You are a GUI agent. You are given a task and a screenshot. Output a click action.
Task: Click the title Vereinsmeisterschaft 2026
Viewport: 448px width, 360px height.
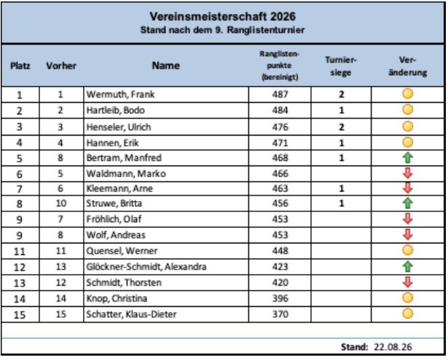(223, 16)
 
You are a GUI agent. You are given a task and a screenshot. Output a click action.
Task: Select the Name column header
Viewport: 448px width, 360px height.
(165, 66)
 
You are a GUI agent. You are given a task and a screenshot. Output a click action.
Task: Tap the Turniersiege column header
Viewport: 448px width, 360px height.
(341, 66)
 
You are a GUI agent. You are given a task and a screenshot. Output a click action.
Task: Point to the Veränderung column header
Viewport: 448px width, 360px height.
(408, 66)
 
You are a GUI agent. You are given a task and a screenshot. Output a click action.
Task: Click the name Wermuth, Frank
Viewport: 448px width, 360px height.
(120, 94)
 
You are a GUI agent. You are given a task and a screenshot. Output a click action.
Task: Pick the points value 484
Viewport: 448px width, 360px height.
(280, 110)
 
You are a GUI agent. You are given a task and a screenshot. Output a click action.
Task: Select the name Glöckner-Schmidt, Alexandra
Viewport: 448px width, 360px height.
(146, 267)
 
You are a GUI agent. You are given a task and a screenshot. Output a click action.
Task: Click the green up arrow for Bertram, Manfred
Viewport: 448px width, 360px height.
(408, 158)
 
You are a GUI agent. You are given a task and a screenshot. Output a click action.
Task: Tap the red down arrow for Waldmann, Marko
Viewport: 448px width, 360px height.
(408, 173)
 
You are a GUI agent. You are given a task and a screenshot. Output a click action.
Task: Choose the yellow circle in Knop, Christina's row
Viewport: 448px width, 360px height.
(408, 297)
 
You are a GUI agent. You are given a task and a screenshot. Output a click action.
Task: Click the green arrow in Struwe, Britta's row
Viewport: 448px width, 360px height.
(408, 203)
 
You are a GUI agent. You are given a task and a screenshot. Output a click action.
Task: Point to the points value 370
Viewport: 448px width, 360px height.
(280, 314)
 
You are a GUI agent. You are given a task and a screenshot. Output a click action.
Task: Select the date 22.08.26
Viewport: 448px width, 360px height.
(393, 347)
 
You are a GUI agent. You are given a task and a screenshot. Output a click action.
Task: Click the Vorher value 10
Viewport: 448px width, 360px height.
(61, 203)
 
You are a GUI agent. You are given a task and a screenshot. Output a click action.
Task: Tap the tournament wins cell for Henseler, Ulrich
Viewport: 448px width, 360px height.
(342, 127)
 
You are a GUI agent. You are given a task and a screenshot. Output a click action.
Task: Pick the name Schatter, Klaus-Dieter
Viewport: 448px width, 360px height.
(131, 314)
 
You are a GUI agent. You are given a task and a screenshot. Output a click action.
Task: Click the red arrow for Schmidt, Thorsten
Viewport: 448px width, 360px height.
(408, 282)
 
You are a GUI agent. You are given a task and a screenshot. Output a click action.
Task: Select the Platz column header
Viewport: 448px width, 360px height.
(20, 66)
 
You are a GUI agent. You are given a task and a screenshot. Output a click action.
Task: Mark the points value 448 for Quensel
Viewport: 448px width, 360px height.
(280, 251)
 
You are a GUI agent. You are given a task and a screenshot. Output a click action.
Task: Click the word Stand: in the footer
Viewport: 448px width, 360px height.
(354, 347)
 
